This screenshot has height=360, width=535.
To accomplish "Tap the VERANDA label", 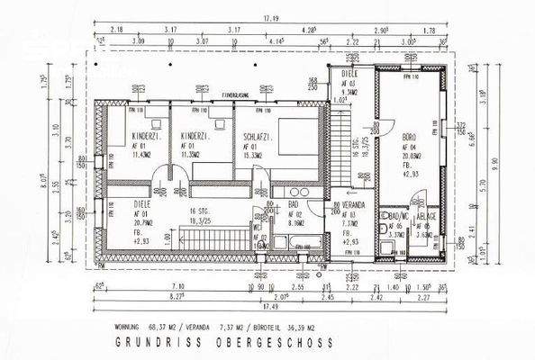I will point(358,203).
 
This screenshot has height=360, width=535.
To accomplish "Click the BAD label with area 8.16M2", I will point(293,204).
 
